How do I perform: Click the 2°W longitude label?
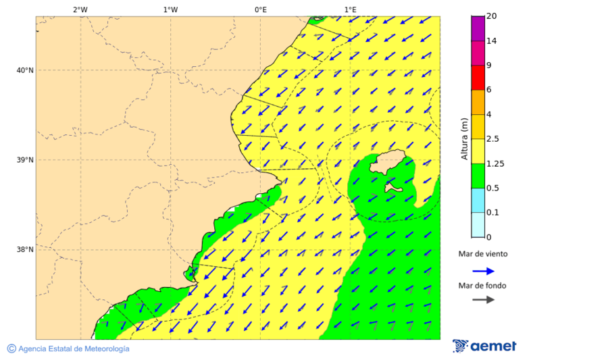[80, 9]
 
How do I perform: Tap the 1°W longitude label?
[170, 9]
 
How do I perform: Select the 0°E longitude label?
[260, 9]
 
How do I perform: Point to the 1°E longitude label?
[351, 9]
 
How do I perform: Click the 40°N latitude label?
[25, 70]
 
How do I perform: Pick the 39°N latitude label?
[25, 160]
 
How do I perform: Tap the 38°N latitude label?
[25, 250]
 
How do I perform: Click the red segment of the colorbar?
[478, 78]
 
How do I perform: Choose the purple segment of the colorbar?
[478, 28]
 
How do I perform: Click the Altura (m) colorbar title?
[464, 138]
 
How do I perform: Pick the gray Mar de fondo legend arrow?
[483, 300]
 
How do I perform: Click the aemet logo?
[484, 346]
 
